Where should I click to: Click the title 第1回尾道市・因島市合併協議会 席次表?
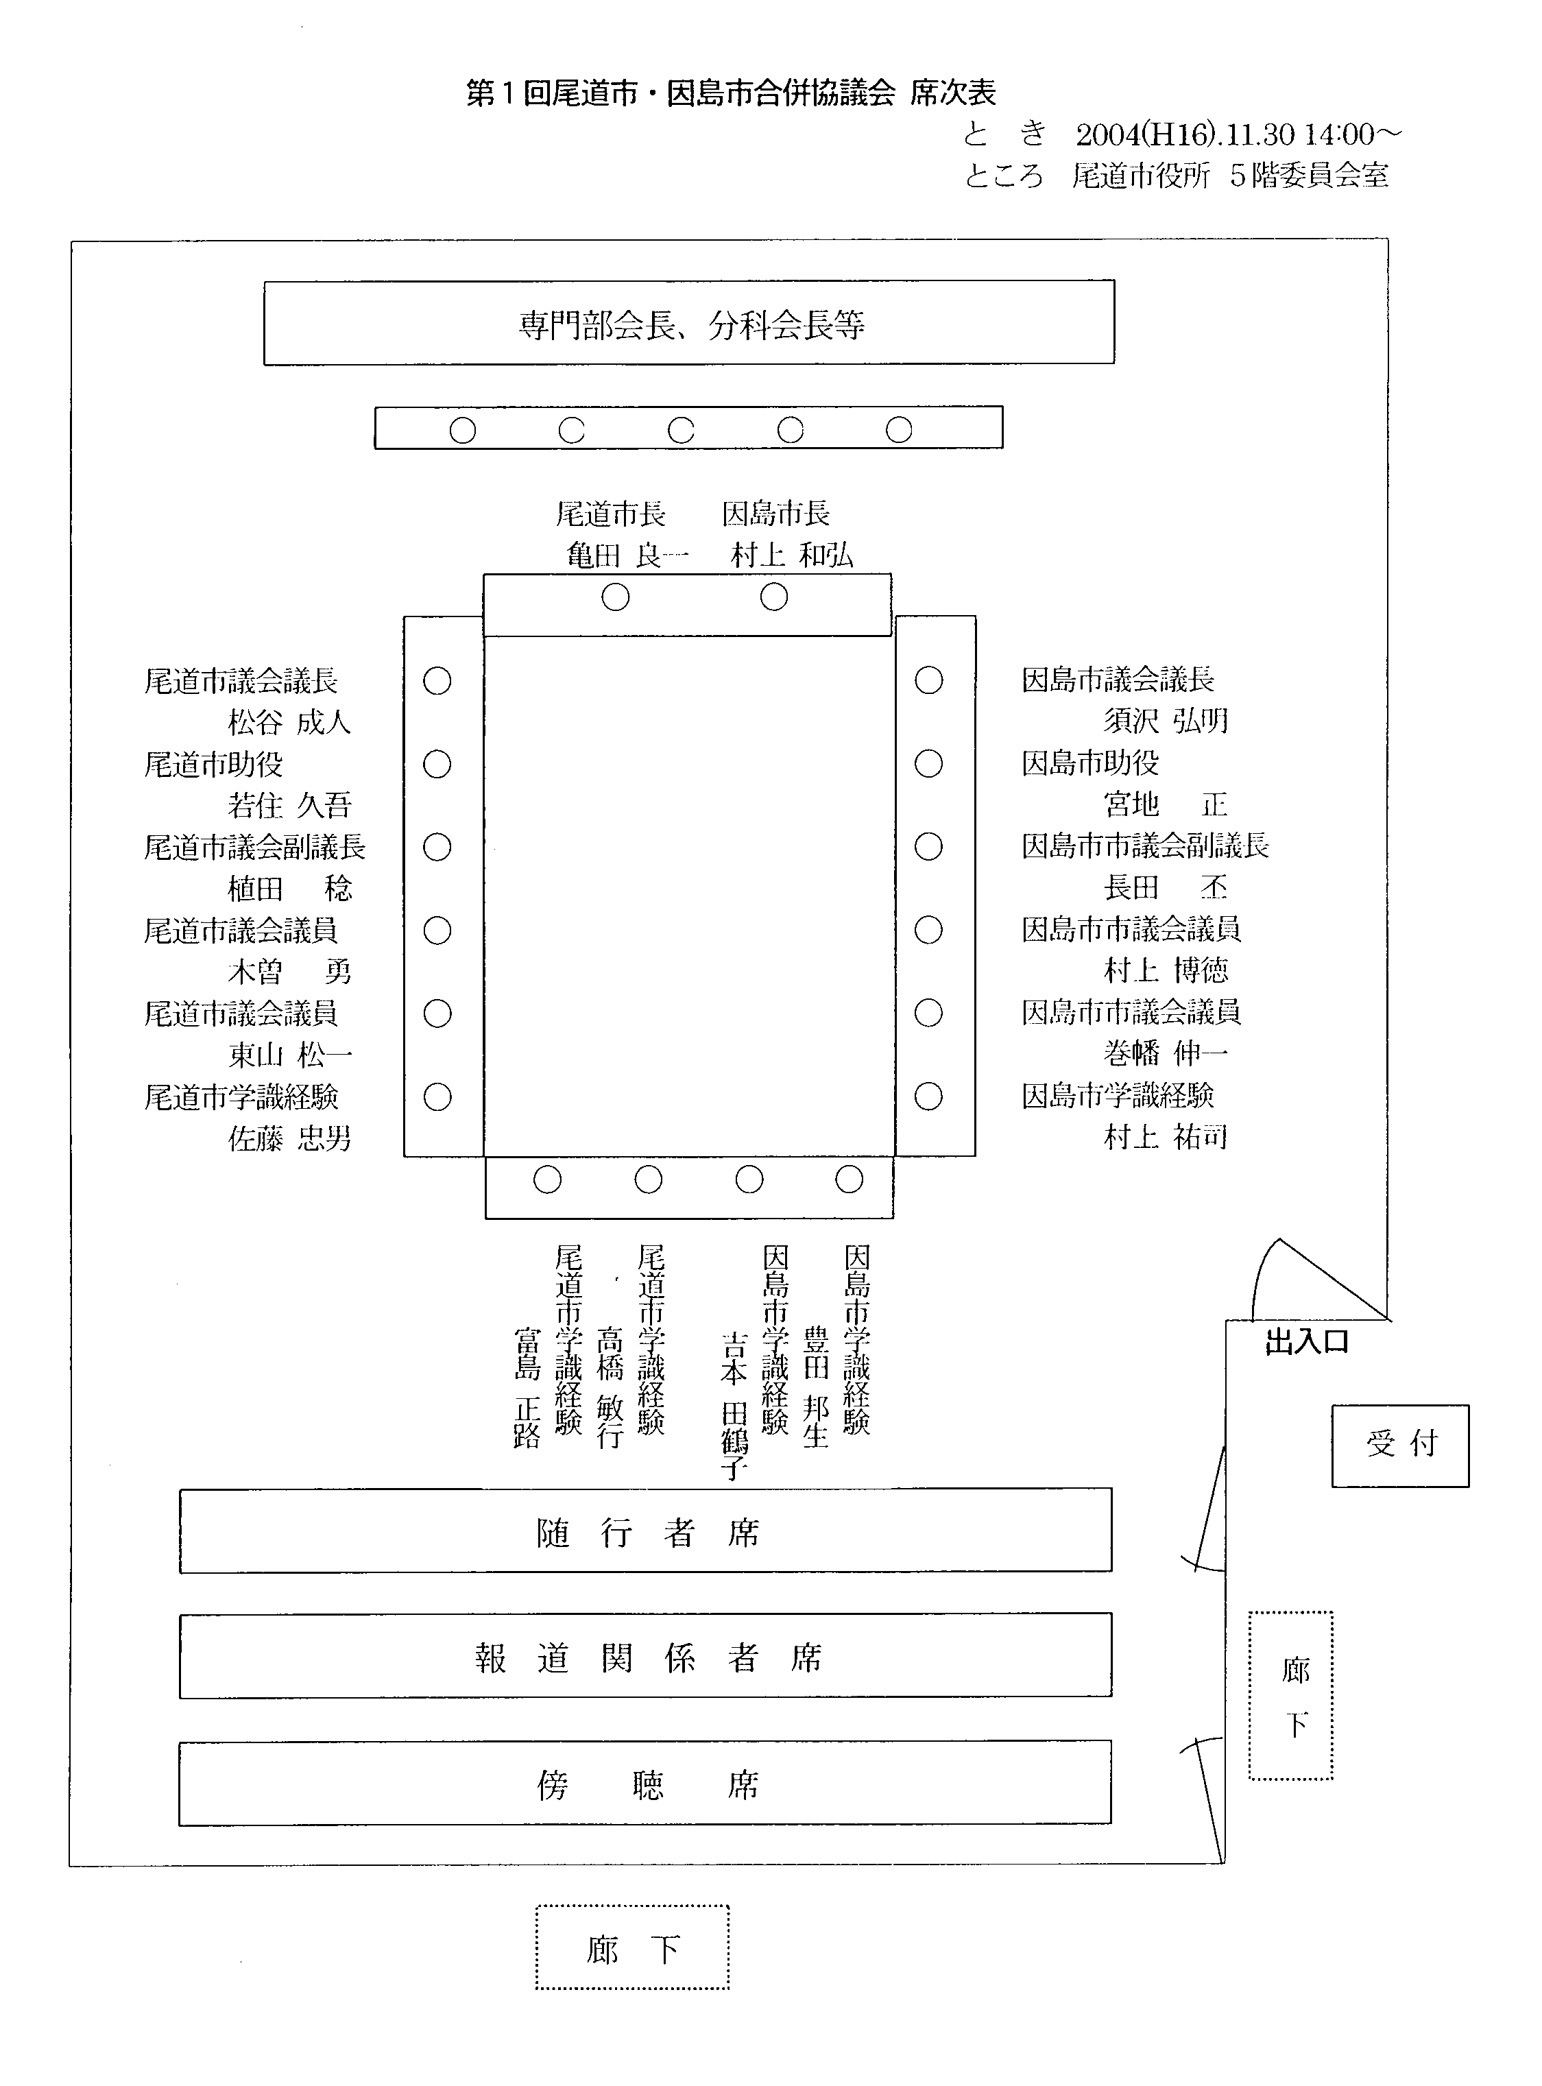pyautogui.click(x=731, y=93)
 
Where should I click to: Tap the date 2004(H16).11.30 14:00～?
pyautogui.click(x=1238, y=135)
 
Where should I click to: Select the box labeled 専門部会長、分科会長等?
pyautogui.click(x=689, y=323)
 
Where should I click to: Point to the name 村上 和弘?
pyautogui.click(x=791, y=555)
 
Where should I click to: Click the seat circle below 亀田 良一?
pyautogui.click(x=615, y=597)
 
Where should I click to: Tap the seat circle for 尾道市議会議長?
pyautogui.click(x=437, y=682)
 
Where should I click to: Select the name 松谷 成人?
pyautogui.click(x=289, y=722)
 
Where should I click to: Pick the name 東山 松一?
pyautogui.click(x=289, y=1055)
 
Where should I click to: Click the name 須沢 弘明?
pyautogui.click(x=1165, y=721)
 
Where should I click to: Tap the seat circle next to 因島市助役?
pyautogui.click(x=928, y=763)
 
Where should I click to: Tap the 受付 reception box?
pyautogui.click(x=1399, y=1445)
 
